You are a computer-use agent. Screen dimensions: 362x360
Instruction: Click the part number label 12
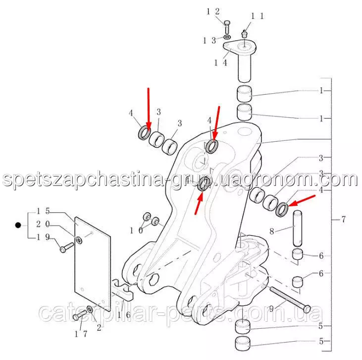coord(213,11)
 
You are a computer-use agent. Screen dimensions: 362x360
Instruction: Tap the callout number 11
coord(257,16)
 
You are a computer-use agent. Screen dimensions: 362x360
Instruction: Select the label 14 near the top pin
coord(220,62)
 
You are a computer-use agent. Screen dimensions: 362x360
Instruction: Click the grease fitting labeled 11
coord(244,34)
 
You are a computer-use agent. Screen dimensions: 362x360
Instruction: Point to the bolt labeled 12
coord(227,27)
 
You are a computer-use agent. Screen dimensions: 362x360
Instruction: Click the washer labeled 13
coord(227,37)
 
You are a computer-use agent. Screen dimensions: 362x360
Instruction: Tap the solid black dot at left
coord(18,225)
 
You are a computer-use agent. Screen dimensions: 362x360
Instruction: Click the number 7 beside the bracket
coord(343,219)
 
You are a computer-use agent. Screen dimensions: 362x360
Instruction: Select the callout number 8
coord(272,231)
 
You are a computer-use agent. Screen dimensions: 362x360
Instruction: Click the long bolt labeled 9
coord(290,300)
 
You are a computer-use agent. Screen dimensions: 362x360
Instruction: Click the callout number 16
coord(124,315)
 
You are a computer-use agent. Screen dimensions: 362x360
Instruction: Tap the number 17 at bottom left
coord(81,334)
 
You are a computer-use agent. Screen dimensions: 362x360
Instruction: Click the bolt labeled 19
coord(66,247)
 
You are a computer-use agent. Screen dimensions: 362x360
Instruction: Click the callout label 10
coord(136,231)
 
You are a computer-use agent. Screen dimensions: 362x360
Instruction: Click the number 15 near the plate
coord(43,211)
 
